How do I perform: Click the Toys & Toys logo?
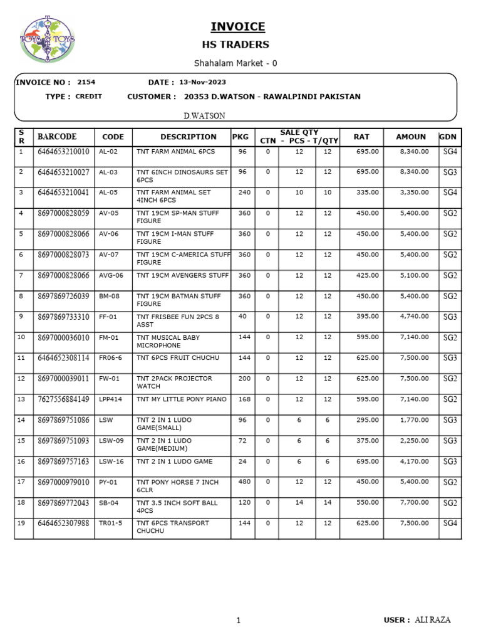click(x=48, y=39)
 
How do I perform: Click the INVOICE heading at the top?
click(x=237, y=26)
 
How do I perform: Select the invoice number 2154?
click(x=86, y=82)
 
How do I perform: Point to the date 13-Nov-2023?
click(x=202, y=82)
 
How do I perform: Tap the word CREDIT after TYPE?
click(x=88, y=97)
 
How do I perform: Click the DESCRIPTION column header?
click(x=188, y=137)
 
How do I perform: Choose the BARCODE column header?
click(x=57, y=137)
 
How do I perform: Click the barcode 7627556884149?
click(x=63, y=399)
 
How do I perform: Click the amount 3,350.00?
click(x=414, y=192)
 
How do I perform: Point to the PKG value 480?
click(x=244, y=482)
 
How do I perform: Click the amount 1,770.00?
click(x=414, y=420)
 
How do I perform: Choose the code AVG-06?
click(x=111, y=275)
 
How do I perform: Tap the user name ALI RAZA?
click(x=432, y=620)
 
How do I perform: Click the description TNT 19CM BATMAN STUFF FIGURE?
click(x=178, y=300)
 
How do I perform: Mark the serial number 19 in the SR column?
click(x=21, y=523)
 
